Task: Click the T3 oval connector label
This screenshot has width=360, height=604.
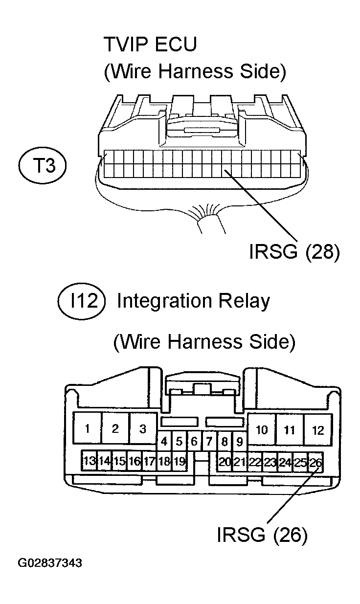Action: [43, 165]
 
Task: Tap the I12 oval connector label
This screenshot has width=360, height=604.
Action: [81, 301]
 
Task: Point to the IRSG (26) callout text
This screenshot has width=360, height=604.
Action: [262, 535]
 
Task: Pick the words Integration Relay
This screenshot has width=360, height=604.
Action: [193, 301]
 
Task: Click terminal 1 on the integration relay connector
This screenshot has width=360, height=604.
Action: [87, 428]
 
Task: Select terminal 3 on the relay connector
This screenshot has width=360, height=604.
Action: [143, 428]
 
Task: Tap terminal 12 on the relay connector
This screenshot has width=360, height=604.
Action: [318, 430]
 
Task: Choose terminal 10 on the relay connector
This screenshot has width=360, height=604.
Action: [262, 430]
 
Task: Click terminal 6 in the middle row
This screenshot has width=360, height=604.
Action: [194, 442]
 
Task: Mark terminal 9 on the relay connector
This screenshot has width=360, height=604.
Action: [240, 442]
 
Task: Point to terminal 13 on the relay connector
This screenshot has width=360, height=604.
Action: [89, 461]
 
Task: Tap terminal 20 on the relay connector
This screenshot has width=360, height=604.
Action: [225, 462]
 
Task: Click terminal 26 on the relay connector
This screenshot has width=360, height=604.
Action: [315, 462]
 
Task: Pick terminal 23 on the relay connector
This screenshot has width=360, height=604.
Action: [270, 462]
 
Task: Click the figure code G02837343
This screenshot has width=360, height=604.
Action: [50, 563]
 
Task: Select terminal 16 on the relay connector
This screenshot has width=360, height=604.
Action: [135, 461]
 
